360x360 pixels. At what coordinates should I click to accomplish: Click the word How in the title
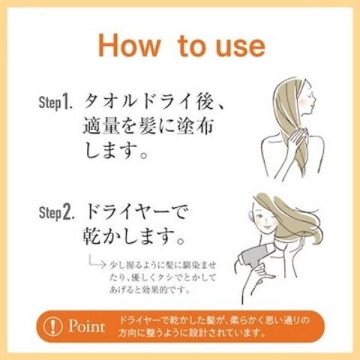point(129,46)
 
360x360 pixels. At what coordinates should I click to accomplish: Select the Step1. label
point(55,102)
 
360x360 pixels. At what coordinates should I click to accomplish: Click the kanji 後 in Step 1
point(205,102)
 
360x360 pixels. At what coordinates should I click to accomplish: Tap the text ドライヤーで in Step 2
point(136,212)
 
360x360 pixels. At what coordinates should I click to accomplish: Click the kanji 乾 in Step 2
point(92,236)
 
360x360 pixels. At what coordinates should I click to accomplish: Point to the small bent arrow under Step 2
point(97,262)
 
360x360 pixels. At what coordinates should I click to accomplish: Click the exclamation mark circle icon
point(52,326)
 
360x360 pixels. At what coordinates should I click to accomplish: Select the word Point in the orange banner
point(86,326)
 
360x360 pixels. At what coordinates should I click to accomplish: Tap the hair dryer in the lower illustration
point(254,256)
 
